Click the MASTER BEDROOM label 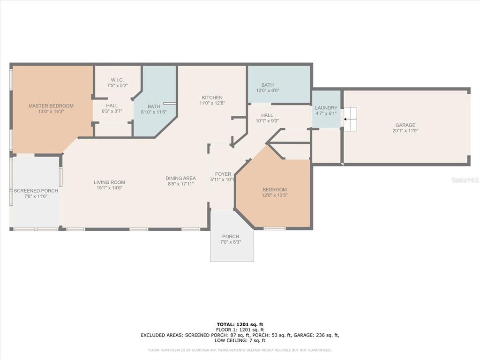pos(51,106)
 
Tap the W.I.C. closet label pos(117,80)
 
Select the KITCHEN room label pos(212,97)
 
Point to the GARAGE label pos(405,125)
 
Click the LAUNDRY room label pos(326,108)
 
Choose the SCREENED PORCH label pos(36,191)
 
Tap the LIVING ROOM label pos(109,182)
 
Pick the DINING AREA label pos(180,178)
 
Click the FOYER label pos(223,174)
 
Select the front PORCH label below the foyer pos(231,236)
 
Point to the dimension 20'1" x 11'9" pos(405,131)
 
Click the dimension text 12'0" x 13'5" pos(275,195)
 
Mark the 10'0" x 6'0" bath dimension pos(268,90)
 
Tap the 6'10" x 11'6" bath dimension pos(154,112)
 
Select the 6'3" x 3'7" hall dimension pos(112,112)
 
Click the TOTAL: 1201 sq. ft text pos(240,324)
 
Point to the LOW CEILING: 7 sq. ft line pos(240,340)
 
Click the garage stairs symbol pos(351,119)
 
